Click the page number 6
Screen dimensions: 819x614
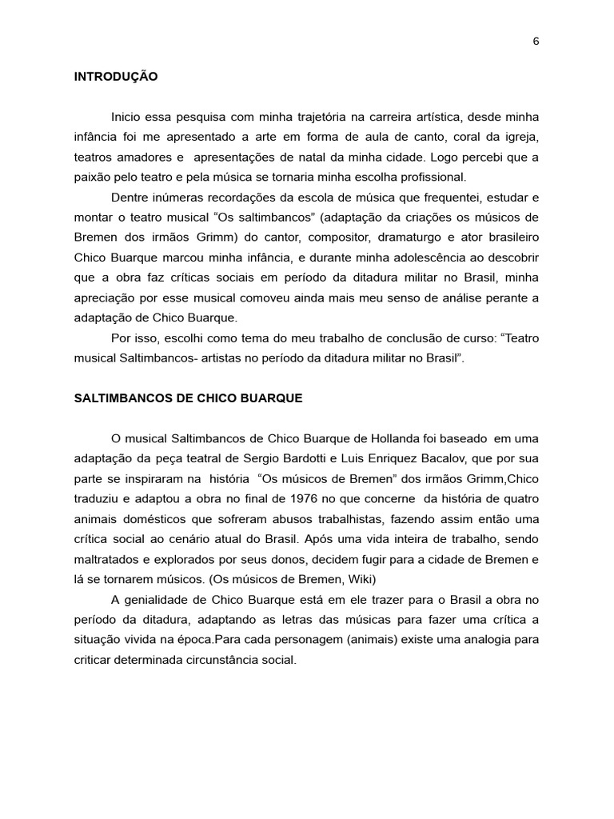click(536, 42)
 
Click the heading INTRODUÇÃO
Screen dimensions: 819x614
click(116, 78)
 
